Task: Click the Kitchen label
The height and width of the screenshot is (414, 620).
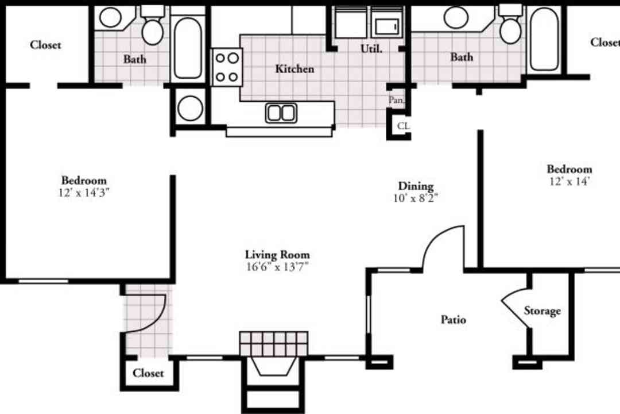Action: [294, 69]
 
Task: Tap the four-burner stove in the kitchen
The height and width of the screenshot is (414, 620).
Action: [227, 67]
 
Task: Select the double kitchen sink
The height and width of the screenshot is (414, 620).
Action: [281, 113]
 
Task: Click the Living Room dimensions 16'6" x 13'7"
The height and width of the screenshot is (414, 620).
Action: [277, 267]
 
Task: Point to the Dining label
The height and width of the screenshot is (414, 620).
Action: [416, 186]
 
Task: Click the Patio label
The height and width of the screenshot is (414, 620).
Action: [453, 319]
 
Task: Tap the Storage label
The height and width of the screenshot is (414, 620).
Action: [542, 311]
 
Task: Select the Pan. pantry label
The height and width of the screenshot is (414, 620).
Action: [396, 100]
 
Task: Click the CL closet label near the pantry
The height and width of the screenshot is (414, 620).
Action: [403, 126]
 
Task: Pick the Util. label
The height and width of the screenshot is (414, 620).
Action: [371, 49]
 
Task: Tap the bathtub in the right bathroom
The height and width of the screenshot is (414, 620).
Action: [544, 39]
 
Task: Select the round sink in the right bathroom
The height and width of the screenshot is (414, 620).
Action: [456, 17]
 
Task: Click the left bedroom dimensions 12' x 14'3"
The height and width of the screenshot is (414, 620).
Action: [84, 193]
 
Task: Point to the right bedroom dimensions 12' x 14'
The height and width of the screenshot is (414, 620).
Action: [569, 182]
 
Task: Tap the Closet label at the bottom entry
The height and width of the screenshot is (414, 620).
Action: [148, 373]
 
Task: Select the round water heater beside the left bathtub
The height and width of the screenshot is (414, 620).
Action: [190, 108]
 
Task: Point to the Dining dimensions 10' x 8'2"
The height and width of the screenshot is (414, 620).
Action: [416, 198]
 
